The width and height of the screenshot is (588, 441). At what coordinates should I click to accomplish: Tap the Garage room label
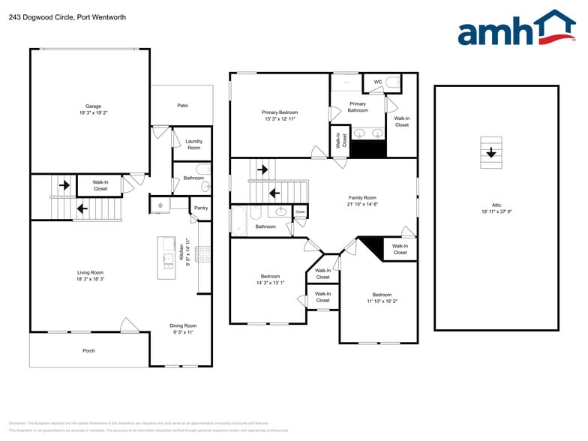coord(93,106)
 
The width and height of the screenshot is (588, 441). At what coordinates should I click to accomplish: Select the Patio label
coord(182,106)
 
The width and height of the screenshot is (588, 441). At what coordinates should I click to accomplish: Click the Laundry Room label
coord(193,144)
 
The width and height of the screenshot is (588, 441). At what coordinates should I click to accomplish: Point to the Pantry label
coord(200,208)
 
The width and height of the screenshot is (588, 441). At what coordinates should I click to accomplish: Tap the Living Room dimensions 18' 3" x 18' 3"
coord(91,279)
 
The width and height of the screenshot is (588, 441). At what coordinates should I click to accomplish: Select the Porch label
coord(88,350)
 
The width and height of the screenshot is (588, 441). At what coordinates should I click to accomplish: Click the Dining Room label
coord(182,325)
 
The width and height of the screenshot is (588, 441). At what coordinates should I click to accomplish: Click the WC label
coord(377,82)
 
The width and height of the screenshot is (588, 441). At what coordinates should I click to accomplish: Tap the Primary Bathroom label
coord(358,107)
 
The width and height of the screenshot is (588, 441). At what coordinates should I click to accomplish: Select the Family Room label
coord(361,198)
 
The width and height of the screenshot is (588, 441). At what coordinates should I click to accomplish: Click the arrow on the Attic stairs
coord(490,153)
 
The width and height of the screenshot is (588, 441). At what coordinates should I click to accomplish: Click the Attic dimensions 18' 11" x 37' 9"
coord(496,211)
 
